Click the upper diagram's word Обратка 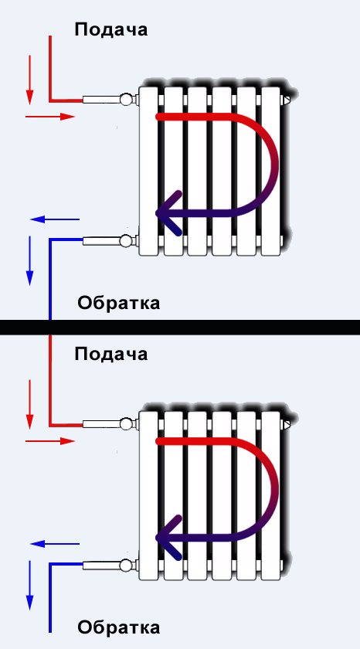(x=119, y=303)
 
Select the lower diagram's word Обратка (x=119, y=627)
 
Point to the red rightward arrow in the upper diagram (x=50, y=117)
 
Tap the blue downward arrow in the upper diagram (x=29, y=260)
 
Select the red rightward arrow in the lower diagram (x=50, y=441)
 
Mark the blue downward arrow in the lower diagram (x=29, y=584)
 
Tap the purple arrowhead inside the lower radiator (x=168, y=536)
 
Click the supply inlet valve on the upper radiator (x=127, y=99)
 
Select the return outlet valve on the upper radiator (x=127, y=240)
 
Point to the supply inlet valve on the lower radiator (x=127, y=423)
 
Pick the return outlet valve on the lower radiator (x=127, y=565)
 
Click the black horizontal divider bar (x=180, y=327)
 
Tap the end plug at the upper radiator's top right (x=287, y=100)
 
